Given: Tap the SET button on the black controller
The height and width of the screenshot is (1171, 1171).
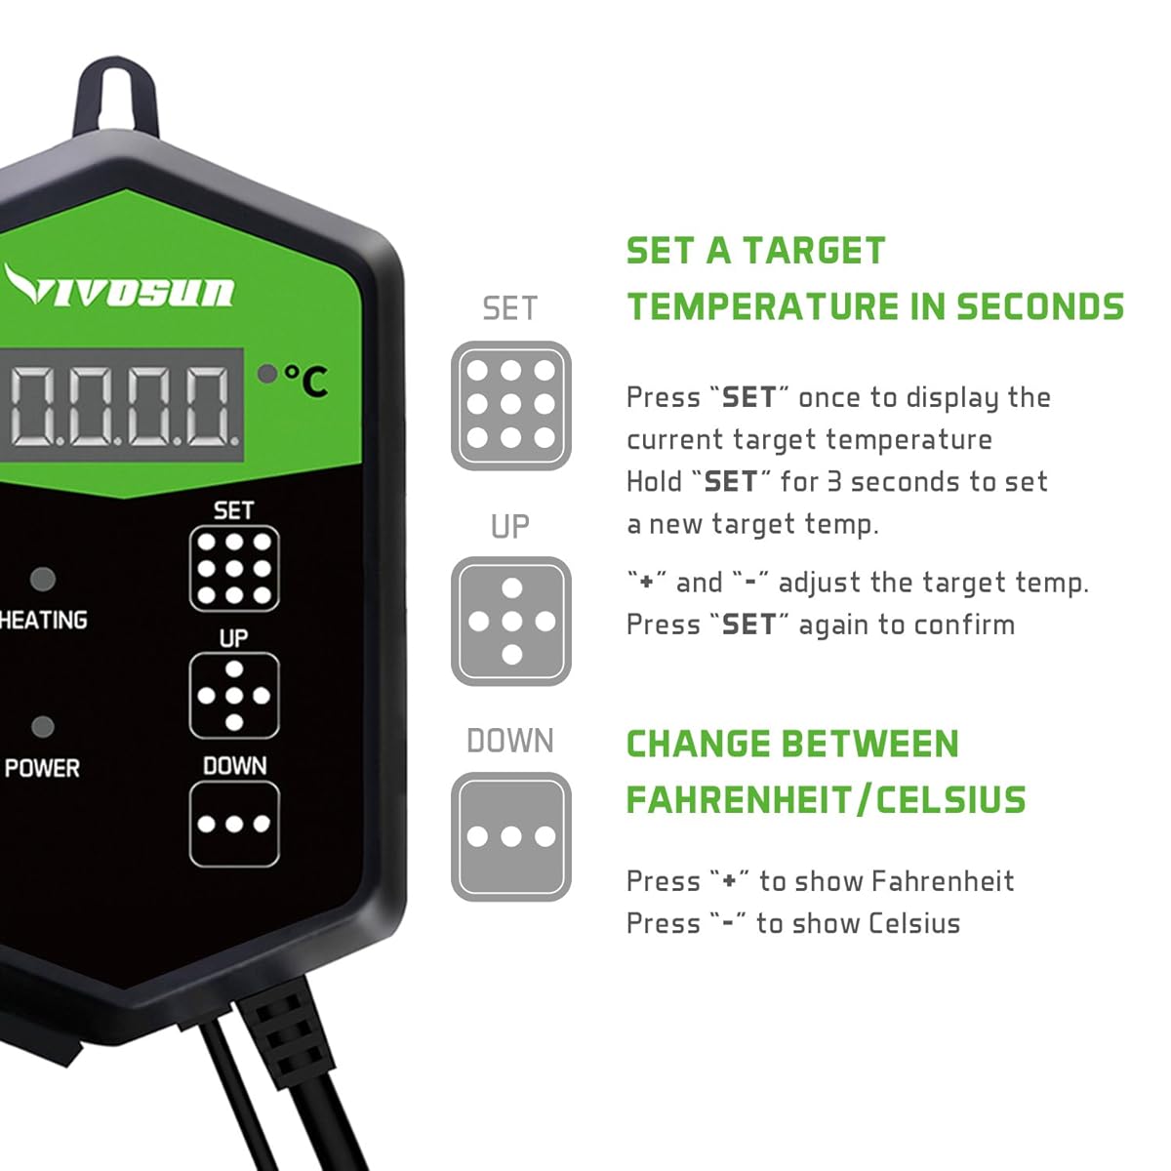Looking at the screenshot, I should pos(234,569).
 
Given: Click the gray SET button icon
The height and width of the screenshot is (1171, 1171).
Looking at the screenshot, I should pos(510,405).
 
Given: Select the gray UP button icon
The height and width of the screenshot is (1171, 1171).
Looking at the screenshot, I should pos(510,622).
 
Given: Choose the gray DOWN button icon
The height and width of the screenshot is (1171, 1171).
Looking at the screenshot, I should pos(510,836).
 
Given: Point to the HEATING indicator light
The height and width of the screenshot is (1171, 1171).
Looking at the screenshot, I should pos(42,579).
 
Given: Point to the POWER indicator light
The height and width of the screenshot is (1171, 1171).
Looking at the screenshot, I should pos(42,728).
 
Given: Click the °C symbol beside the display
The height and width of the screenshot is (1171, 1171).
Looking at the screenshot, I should pos(306,380).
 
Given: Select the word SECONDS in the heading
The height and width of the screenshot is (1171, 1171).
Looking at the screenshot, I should pos(1039,306).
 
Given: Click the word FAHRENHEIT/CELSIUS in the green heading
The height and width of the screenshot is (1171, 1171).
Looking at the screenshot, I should pos(826,800).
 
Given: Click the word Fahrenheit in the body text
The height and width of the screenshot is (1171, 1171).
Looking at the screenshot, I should pos(943,881).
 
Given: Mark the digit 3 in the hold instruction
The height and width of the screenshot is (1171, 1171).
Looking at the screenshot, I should pos(834,482).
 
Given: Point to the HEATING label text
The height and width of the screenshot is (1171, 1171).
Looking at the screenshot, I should pos(43,621).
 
